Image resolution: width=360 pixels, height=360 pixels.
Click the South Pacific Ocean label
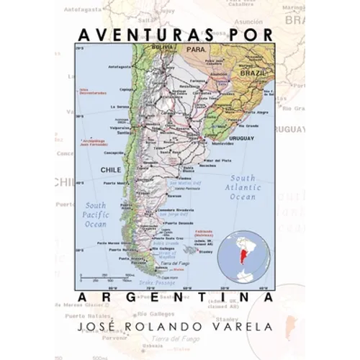click(x=95, y=215)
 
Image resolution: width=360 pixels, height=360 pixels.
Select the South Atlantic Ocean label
click(x=243, y=186)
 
